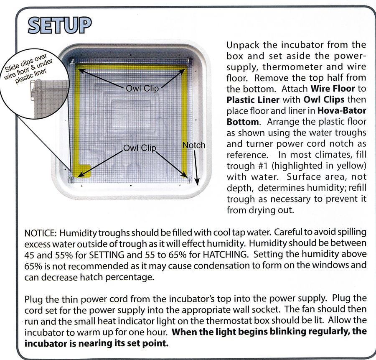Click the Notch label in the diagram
click(194, 145)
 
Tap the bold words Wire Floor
click(333, 89)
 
